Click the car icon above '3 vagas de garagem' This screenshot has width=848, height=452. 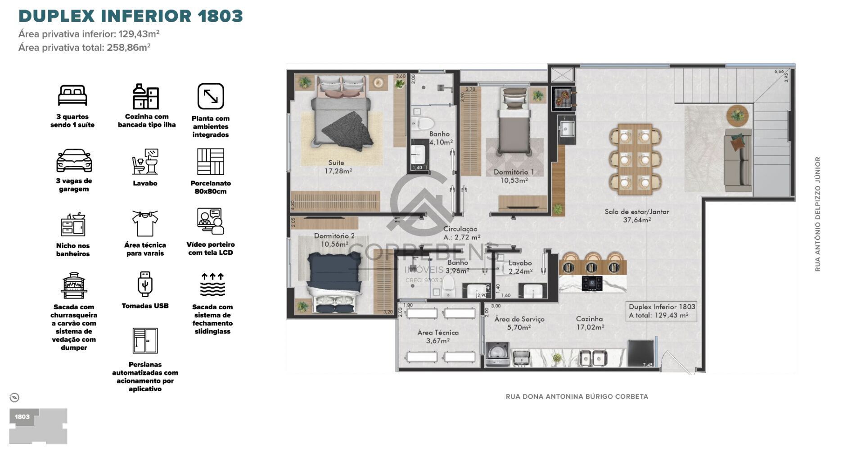tap(74, 161)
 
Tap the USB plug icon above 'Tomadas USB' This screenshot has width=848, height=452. tap(145, 284)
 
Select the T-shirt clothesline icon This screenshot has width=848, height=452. tap(145, 223)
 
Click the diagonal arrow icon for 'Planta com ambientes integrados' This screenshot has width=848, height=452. tap(211, 96)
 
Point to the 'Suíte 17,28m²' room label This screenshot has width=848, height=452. tap(338, 167)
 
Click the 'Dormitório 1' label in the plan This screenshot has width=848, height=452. tap(514, 176)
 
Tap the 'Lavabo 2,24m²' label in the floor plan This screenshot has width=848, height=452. tap(520, 267)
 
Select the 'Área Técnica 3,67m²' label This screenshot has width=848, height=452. tap(438, 337)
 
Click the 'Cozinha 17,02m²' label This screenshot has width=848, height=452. tap(590, 323)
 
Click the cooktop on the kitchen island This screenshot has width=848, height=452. tap(592, 283)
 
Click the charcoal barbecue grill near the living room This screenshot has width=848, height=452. tap(563, 98)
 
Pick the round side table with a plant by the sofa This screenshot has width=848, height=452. tap(737, 116)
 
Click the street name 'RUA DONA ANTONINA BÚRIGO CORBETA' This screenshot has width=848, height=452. tap(577, 397)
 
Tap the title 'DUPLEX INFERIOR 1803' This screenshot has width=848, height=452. tap(131, 16)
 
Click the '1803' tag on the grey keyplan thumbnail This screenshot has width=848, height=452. tap(22, 417)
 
